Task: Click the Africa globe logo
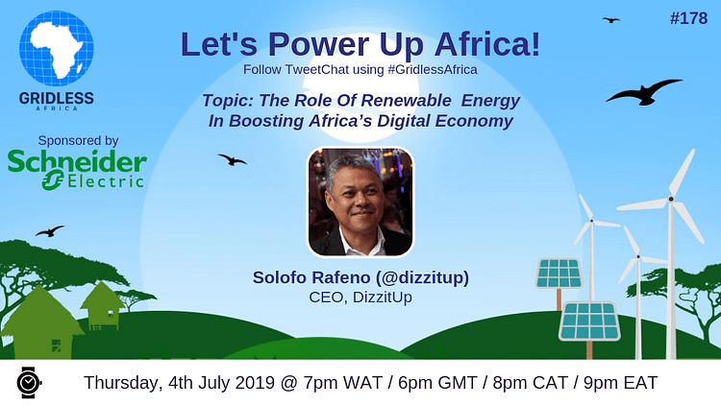[x=57, y=49]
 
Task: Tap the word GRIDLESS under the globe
[x=57, y=98]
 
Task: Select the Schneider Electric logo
[x=77, y=169]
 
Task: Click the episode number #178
[x=688, y=18]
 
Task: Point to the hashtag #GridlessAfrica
[x=433, y=70]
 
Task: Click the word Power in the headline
[x=318, y=45]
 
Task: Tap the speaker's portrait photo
[x=360, y=202]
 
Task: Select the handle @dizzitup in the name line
[x=422, y=277]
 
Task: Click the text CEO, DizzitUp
[x=360, y=298]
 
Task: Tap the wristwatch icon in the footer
[x=29, y=382]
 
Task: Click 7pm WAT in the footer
[x=342, y=383]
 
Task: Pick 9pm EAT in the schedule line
[x=620, y=383]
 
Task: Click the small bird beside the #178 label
[x=611, y=20]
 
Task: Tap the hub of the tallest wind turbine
[x=671, y=199]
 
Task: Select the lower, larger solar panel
[x=589, y=322]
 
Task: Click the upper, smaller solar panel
[x=559, y=274]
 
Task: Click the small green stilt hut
[x=102, y=306]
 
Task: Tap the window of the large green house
[x=56, y=345]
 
